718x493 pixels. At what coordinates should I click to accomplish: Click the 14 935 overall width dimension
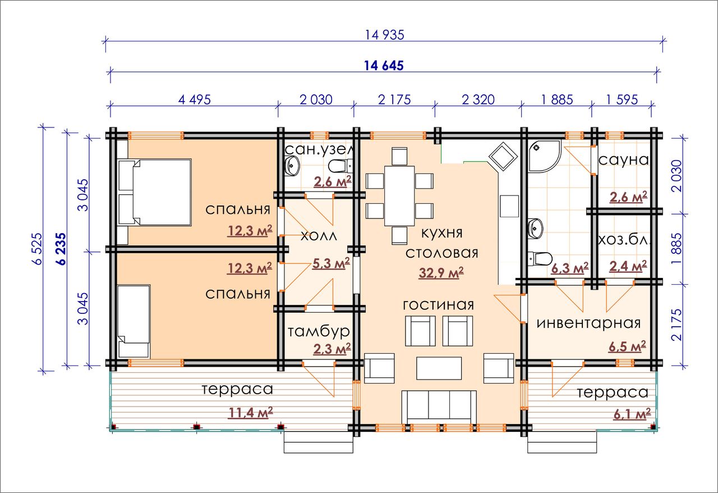point(385,35)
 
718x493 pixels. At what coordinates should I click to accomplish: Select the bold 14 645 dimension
point(384,66)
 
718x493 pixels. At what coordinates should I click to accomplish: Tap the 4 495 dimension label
point(195,100)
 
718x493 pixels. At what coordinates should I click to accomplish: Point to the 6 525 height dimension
point(37,248)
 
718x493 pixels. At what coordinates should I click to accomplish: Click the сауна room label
point(624,160)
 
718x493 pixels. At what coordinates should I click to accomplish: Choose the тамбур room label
point(318,332)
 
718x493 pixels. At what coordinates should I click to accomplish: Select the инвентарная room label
point(588,323)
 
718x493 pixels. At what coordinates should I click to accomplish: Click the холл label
point(319,236)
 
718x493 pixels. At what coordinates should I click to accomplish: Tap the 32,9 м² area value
point(441,272)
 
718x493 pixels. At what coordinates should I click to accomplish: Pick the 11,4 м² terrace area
point(250,413)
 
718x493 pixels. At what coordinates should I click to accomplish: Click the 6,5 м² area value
point(627,346)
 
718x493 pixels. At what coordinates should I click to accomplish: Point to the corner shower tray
point(544,156)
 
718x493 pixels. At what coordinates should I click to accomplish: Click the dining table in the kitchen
point(399,196)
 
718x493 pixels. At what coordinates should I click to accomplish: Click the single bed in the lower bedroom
point(134,321)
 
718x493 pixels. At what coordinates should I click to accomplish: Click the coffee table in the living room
point(439,368)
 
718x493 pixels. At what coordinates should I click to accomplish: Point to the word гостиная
point(438,305)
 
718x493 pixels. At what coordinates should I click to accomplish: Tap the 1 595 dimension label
point(622,100)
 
